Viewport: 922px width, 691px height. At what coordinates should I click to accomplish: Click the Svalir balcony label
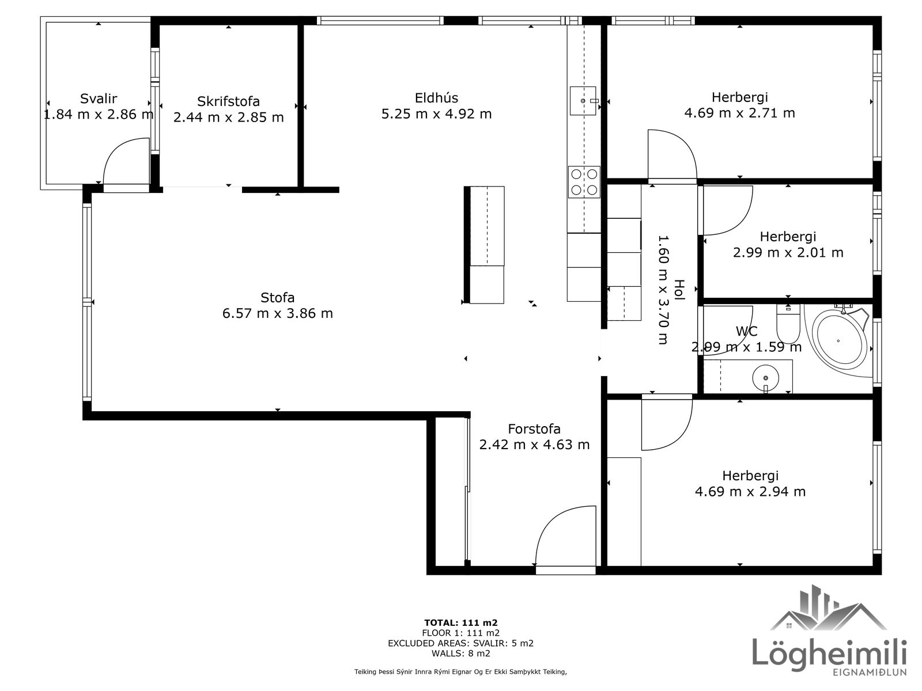(x=99, y=99)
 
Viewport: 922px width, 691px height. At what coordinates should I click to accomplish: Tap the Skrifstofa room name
(x=229, y=101)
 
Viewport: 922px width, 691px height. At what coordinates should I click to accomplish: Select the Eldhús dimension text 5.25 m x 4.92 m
(x=436, y=114)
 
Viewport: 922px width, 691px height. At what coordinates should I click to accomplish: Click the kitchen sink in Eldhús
(x=583, y=101)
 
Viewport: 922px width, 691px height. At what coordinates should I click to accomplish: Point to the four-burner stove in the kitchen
(x=584, y=181)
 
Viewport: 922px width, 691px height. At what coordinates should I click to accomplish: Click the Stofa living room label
(x=277, y=298)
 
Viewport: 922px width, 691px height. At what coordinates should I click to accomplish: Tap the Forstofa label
(x=534, y=429)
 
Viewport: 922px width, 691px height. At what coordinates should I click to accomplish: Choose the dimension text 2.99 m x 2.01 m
(x=788, y=253)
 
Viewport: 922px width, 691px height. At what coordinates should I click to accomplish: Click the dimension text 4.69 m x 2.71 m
(x=740, y=113)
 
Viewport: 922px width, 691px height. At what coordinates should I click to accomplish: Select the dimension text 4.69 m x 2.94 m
(x=750, y=492)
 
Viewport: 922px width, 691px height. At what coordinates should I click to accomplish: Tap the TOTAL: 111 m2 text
(x=461, y=623)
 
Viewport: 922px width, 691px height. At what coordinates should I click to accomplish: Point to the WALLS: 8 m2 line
(x=461, y=653)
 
